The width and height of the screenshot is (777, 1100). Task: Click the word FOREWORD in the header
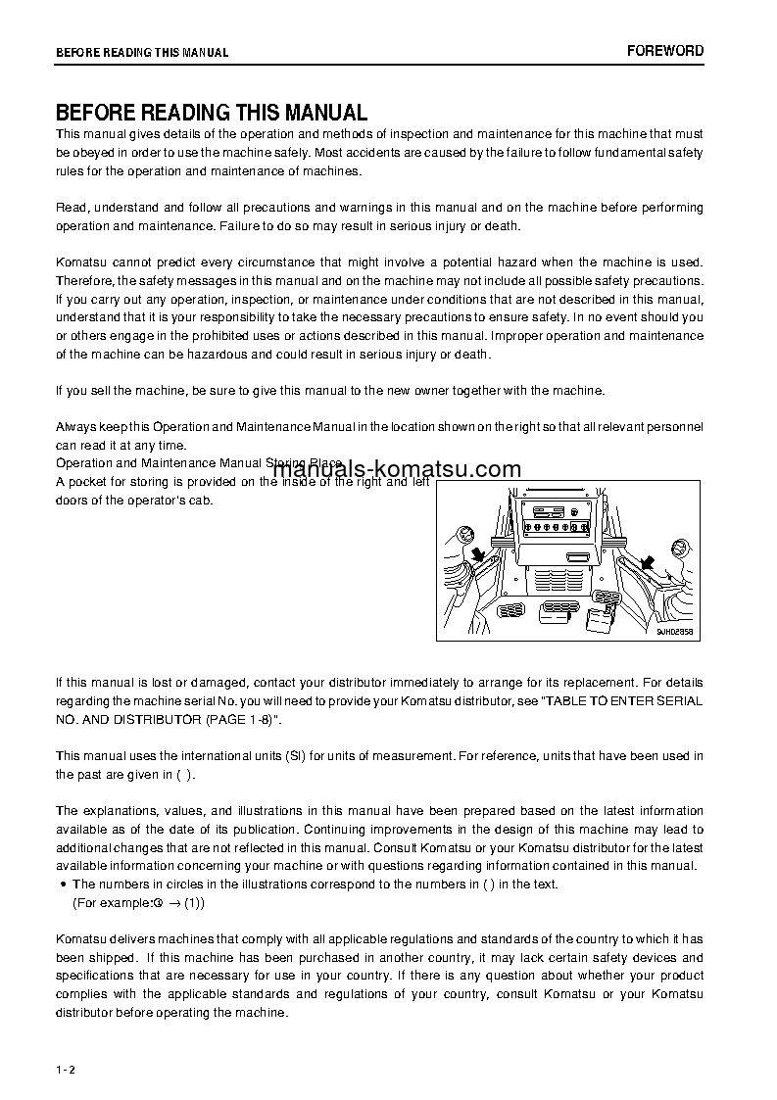click(665, 51)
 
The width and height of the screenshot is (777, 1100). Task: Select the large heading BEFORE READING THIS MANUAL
click(211, 113)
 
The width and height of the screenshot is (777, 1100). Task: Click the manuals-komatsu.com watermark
click(396, 470)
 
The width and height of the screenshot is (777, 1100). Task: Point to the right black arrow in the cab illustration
click(648, 562)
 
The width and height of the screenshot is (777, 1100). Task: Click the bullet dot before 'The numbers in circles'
click(62, 885)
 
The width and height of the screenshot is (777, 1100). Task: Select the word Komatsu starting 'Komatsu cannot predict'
click(83, 263)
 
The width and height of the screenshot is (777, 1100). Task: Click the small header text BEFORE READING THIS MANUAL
click(141, 53)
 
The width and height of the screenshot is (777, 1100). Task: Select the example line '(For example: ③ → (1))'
click(139, 903)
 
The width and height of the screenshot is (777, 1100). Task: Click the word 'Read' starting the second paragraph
click(70, 208)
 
